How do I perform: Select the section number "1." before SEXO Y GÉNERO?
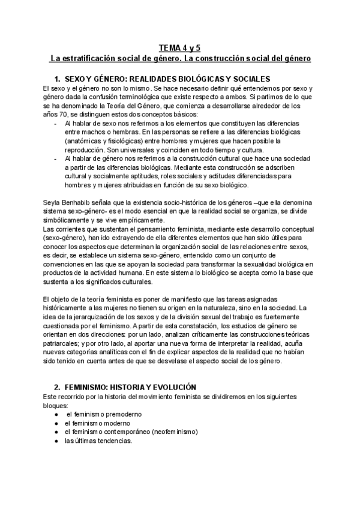(x=58, y=79)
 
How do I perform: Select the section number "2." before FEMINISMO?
(x=58, y=388)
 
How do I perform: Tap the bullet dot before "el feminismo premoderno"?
(x=55, y=415)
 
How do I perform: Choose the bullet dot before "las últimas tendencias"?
(x=55, y=441)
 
